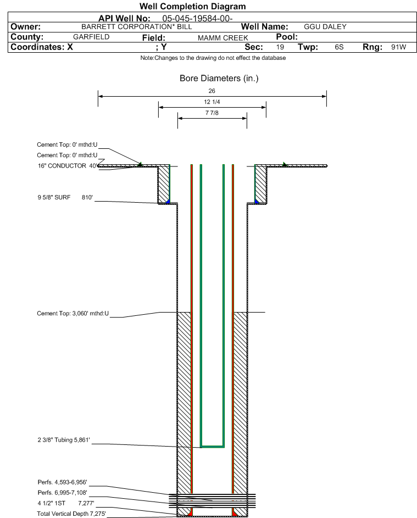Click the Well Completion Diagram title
(x=193, y=6)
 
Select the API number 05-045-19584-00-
(x=197, y=18)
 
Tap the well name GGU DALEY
(x=325, y=27)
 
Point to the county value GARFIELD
(x=91, y=37)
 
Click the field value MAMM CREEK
(x=223, y=38)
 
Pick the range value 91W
(x=398, y=47)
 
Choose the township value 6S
(x=339, y=47)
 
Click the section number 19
(x=280, y=47)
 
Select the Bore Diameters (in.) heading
(x=219, y=79)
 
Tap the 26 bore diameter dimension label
(x=212, y=91)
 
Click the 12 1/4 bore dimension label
(x=212, y=102)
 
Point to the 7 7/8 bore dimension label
(x=212, y=113)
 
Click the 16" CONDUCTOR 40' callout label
(x=68, y=165)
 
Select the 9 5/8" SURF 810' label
(x=65, y=197)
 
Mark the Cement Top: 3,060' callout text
(x=73, y=313)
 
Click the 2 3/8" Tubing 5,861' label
(x=64, y=439)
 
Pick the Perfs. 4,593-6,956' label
(x=63, y=482)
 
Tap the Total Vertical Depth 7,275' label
(x=71, y=514)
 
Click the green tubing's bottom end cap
(x=212, y=447)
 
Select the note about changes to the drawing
(x=213, y=58)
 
